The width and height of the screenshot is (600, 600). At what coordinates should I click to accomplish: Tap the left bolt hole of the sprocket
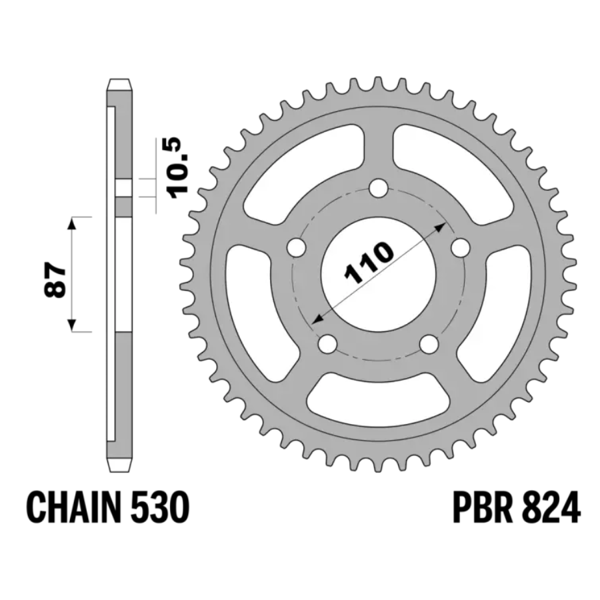297,247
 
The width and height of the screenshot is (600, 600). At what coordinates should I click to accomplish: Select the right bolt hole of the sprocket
460,247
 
